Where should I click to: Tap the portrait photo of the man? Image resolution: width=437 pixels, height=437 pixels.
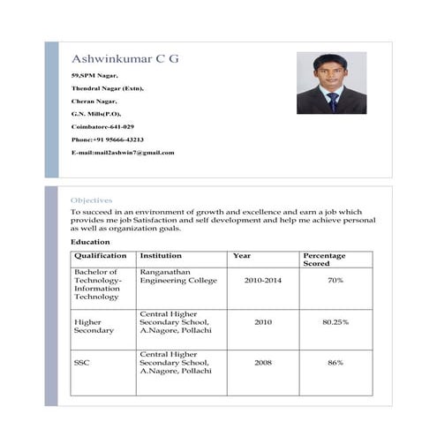point(331,83)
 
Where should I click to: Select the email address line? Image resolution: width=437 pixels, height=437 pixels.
point(123,153)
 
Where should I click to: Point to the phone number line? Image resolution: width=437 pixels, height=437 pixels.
point(107,139)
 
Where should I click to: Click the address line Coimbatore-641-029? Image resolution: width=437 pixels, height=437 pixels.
point(102,127)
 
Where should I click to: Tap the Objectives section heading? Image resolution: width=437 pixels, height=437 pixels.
point(91,200)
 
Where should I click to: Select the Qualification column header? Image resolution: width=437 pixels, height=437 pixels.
point(101,256)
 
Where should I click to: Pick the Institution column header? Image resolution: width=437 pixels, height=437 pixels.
point(161,256)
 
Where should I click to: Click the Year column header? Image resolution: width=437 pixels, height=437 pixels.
point(241,256)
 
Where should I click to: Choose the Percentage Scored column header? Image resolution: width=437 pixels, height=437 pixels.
point(324,259)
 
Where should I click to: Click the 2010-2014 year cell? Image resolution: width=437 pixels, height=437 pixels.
point(262,280)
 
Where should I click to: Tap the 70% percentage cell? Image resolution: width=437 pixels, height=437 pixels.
point(335,280)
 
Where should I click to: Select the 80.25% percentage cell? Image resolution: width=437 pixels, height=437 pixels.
point(335,322)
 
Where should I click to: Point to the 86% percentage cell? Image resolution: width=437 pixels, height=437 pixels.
point(335,363)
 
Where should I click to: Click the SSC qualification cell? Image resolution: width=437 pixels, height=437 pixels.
point(81,363)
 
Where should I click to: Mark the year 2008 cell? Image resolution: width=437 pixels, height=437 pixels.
point(263,363)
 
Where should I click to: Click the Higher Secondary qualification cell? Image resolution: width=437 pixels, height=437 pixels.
point(94,326)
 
